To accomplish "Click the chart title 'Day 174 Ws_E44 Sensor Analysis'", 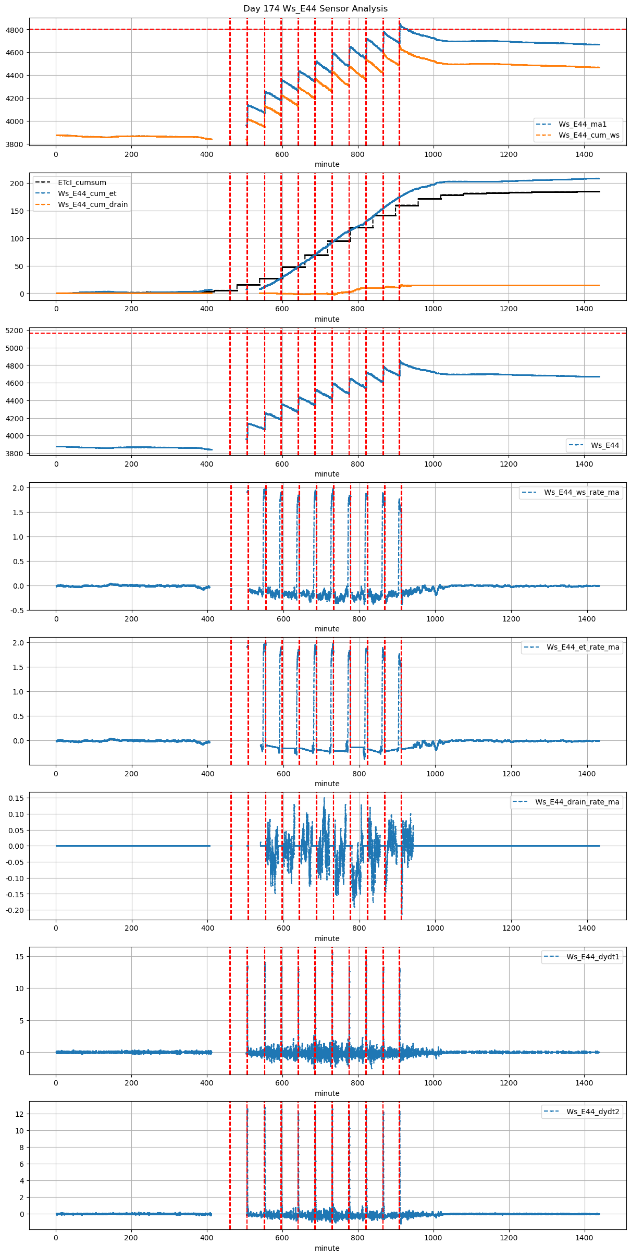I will (315, 9).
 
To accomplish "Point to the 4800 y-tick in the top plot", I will (15, 30).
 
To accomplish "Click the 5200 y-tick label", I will (15, 331).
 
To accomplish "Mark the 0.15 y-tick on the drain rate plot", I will (16, 798).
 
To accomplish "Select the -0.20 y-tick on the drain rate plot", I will (15, 910).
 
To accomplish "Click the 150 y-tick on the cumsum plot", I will (18, 211).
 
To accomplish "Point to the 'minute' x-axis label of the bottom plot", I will (327, 1248).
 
